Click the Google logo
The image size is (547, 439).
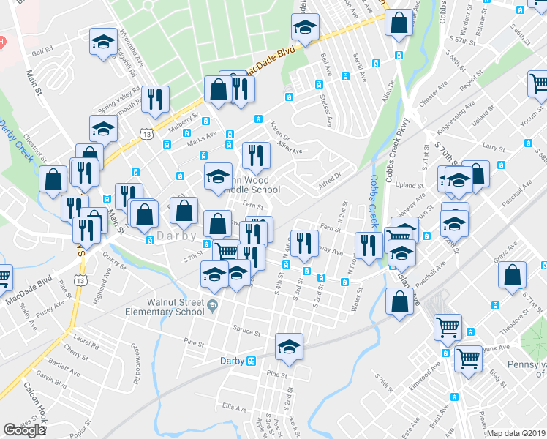(24, 430)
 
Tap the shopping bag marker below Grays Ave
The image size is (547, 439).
(513, 275)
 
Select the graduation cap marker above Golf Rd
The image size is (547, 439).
(103, 40)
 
